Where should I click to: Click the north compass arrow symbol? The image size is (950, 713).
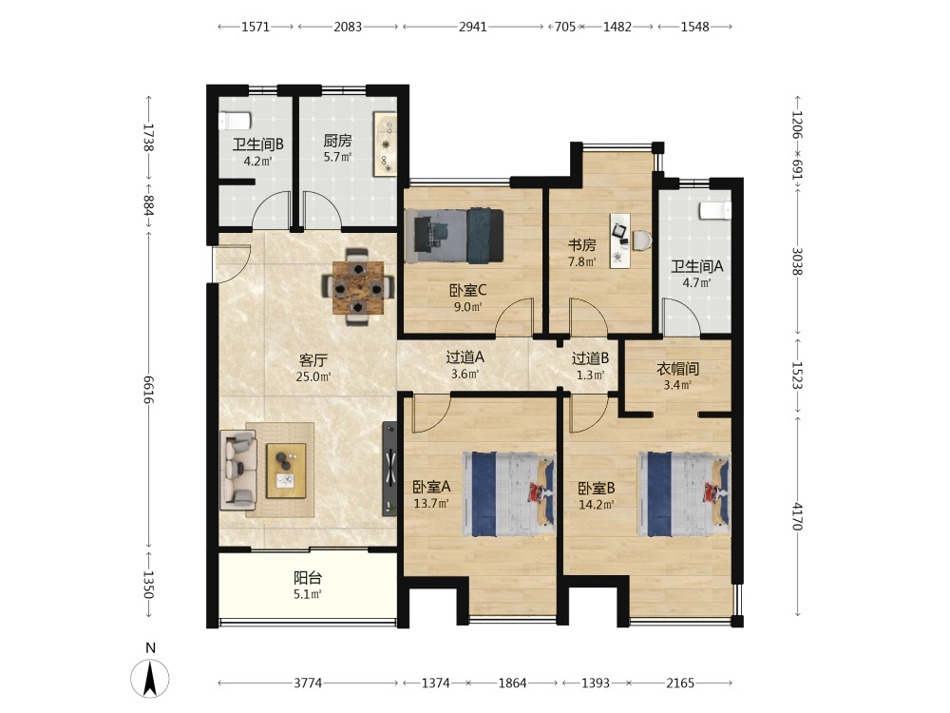coord(150,678)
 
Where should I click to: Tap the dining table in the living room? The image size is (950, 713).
coord(358,287)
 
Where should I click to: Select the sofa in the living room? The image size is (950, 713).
coord(238,470)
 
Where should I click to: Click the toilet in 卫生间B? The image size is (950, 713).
coord(235,120)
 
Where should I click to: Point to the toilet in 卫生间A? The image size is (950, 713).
coord(715,210)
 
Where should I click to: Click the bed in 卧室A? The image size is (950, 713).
coord(509,494)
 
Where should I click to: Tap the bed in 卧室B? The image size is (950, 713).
coord(684,494)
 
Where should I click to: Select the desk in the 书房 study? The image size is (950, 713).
coord(620,241)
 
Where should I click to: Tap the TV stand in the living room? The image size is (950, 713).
coord(390,470)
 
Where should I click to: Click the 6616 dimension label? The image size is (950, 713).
coord(148,389)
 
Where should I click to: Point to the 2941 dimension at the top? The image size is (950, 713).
coord(472,27)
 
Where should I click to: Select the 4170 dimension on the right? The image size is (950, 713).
coord(797,516)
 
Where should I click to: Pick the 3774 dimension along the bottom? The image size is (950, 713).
coord(308,684)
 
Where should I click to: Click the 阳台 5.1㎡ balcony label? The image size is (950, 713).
coord(308,586)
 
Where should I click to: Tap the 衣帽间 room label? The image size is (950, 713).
coord(678,369)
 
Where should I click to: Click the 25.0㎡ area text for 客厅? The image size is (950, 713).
coord(313,376)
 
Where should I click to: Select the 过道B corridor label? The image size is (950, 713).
coord(590,358)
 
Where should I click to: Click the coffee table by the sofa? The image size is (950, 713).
coord(286,471)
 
